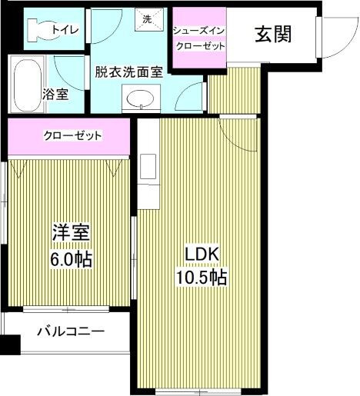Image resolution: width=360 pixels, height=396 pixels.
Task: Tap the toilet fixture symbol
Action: tap(35, 28)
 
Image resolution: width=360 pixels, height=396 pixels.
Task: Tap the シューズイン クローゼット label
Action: tap(198, 38)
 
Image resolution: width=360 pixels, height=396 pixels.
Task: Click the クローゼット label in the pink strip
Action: tap(73, 135)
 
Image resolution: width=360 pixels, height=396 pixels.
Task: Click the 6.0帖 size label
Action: tap(71, 259)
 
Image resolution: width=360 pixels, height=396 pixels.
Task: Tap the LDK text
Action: tap(203, 253)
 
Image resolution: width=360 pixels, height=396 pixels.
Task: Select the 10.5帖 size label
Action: tap(203, 277)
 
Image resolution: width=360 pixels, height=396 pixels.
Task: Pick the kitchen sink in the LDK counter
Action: tap(148, 165)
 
